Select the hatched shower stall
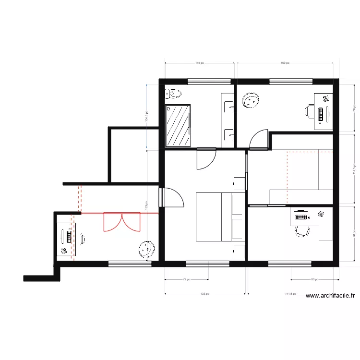click(x=178, y=126)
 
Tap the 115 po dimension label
click(x=200, y=63)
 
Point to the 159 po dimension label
click(x=285, y=63)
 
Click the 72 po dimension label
click(x=186, y=279)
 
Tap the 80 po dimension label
click(x=314, y=279)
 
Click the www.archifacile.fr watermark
click(x=333, y=296)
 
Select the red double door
click(x=121, y=222)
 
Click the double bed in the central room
click(x=220, y=216)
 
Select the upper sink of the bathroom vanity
click(x=228, y=106)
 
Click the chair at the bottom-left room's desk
click(x=83, y=239)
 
